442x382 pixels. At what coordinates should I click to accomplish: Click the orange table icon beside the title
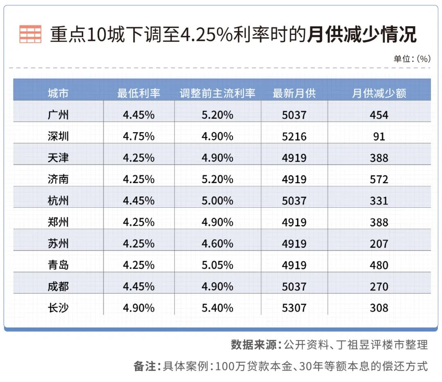coord(30,34)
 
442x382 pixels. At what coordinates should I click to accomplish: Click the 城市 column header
coord(58,93)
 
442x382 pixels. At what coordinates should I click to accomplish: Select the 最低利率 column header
coord(139,93)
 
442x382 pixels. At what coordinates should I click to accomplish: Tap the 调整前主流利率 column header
coord(217,93)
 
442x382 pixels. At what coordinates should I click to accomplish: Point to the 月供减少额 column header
coord(379,93)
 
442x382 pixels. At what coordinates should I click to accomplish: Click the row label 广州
coord(58,115)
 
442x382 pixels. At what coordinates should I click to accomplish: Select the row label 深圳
coord(58,136)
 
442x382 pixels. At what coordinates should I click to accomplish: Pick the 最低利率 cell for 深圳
coord(139,136)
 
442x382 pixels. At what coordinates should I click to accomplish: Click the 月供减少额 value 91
coord(379,136)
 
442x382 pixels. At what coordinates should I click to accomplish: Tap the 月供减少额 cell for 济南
coord(379,179)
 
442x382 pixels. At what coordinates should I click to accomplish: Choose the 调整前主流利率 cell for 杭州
coord(217,201)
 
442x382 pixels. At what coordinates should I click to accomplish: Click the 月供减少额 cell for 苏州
coord(379,244)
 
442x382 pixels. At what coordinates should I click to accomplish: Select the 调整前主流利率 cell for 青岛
coord(217,265)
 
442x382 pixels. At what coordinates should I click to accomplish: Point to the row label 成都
coord(58,286)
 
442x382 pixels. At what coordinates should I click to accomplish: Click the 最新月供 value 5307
coord(294,308)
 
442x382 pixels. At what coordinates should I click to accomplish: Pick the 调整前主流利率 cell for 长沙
coord(217,308)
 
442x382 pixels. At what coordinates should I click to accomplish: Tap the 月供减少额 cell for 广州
coord(379,115)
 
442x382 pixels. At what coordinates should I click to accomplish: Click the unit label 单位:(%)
coord(412,58)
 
